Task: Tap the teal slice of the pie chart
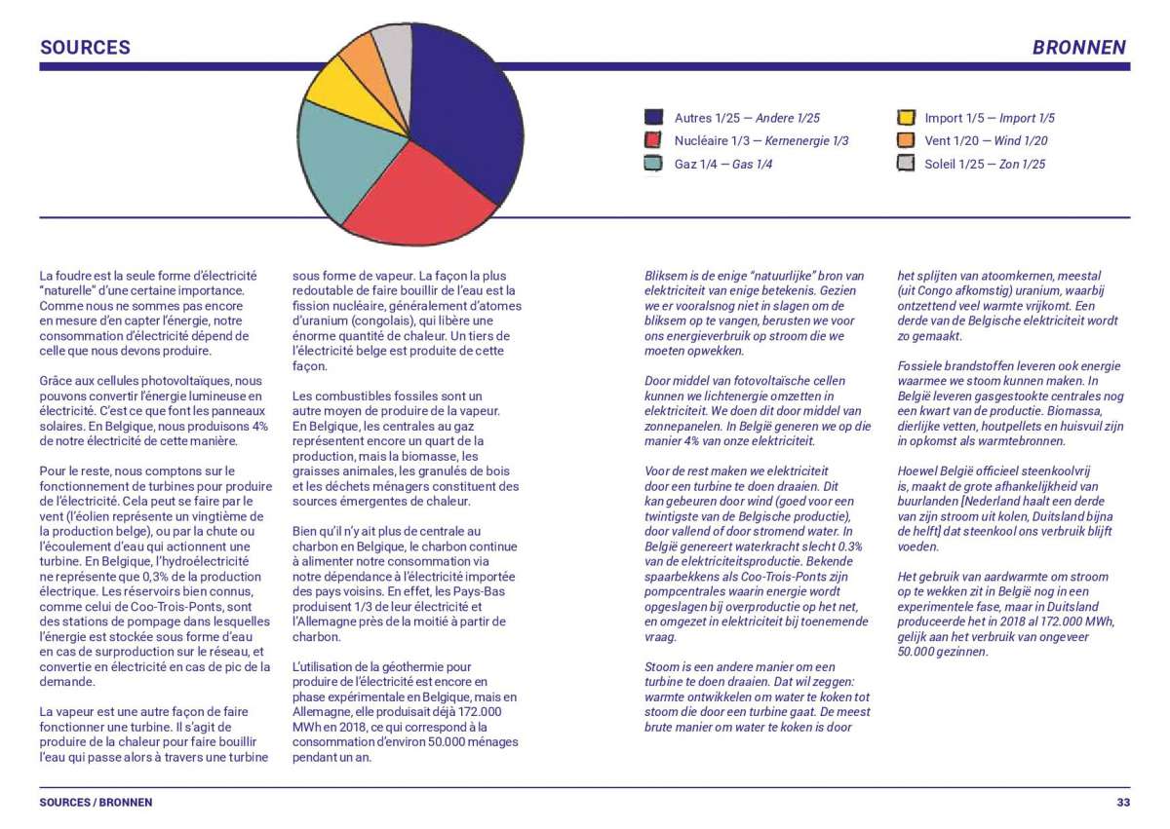click(x=345, y=157)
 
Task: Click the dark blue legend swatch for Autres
click(x=653, y=118)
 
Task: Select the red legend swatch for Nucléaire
click(x=653, y=140)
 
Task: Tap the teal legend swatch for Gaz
click(x=653, y=164)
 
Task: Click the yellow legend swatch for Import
click(x=906, y=118)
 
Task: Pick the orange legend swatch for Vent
click(x=906, y=140)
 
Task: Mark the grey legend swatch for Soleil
click(x=906, y=164)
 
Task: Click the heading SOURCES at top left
click(x=85, y=48)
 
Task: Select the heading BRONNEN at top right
click(x=1079, y=48)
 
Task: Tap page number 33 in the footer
click(x=1123, y=803)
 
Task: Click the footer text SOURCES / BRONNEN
click(x=97, y=803)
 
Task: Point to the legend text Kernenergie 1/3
click(x=807, y=141)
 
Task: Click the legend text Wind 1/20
click(x=1021, y=141)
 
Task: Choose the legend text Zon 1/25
click(x=1022, y=165)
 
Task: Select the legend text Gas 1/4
click(x=752, y=165)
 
